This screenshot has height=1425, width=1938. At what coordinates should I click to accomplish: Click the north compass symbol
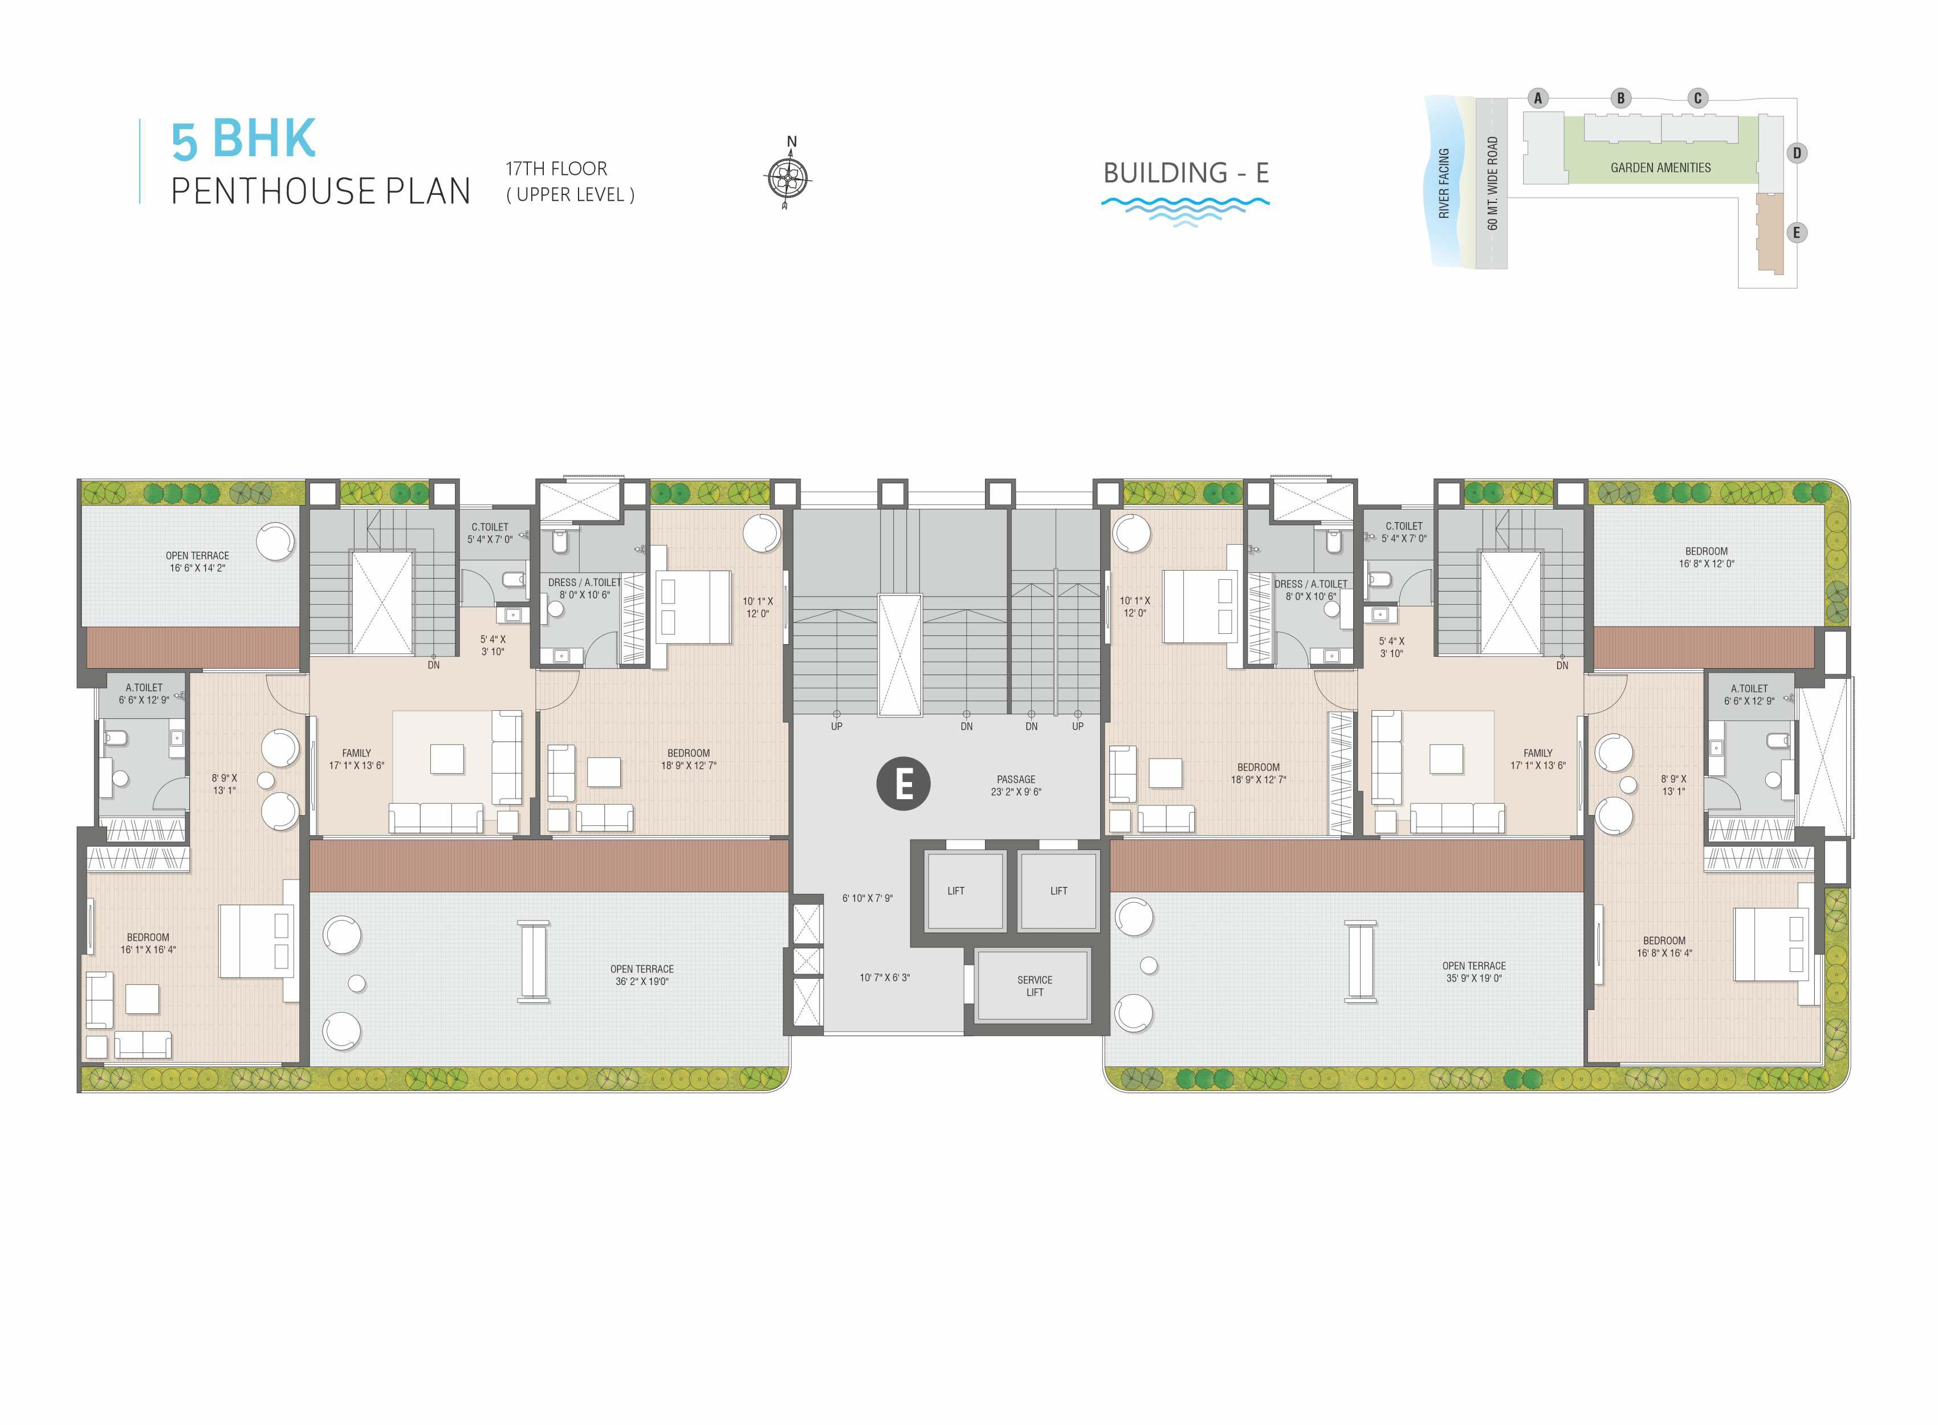[787, 175]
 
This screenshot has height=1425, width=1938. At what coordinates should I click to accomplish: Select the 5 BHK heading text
[244, 139]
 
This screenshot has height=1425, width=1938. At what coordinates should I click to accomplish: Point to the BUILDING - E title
[1186, 173]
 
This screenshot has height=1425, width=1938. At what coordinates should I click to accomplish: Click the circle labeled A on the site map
[1537, 99]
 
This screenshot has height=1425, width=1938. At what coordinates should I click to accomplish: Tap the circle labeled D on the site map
[1797, 153]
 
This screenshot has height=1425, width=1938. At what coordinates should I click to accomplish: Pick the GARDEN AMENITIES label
[1660, 168]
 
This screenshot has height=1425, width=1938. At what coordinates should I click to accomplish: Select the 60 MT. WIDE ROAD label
[1493, 183]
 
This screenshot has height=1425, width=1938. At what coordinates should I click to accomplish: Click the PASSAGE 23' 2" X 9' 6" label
[1016, 785]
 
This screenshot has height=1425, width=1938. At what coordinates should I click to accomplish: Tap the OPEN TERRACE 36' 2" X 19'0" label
[642, 975]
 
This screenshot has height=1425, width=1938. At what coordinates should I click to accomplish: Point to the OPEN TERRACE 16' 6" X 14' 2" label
[198, 561]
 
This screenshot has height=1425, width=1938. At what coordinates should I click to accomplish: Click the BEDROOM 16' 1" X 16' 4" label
[148, 943]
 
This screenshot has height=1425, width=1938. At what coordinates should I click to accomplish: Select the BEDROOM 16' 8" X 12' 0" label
[1706, 557]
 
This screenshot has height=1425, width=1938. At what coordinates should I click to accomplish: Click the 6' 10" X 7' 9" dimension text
[867, 898]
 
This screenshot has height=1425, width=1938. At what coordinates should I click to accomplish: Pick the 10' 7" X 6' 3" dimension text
[884, 978]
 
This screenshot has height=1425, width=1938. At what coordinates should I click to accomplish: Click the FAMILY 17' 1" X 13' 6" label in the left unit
[356, 759]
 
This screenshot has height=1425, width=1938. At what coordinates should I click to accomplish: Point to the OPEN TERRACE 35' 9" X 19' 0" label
[1474, 972]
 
